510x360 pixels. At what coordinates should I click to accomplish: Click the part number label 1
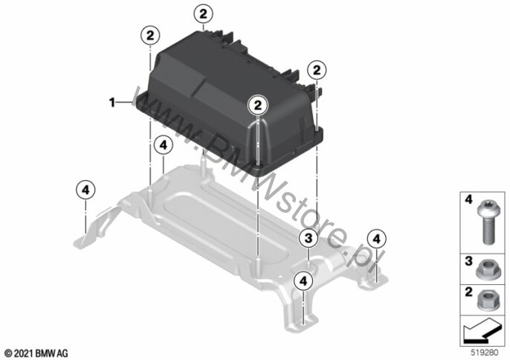point(112,103)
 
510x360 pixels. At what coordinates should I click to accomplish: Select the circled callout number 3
point(309,238)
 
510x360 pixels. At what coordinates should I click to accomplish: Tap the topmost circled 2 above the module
point(203,14)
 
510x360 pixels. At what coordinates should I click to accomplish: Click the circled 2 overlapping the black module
point(258,105)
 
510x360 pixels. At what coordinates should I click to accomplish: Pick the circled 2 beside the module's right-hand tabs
point(317,71)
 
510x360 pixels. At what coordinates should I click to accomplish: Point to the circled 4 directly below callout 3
point(303,281)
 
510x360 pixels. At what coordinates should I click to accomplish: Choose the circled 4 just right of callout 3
point(377,240)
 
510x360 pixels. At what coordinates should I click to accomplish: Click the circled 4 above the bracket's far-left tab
point(85,190)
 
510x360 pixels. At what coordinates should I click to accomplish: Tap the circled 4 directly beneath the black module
point(164,146)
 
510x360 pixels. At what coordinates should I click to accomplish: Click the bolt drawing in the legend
point(486,222)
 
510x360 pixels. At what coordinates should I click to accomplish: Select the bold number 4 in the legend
point(468,199)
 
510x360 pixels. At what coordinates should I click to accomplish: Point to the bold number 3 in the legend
point(468,261)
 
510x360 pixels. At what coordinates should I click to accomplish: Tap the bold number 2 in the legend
point(468,292)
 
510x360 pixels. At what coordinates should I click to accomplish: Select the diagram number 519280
point(485,353)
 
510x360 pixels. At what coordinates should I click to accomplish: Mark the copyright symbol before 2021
point(9,353)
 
